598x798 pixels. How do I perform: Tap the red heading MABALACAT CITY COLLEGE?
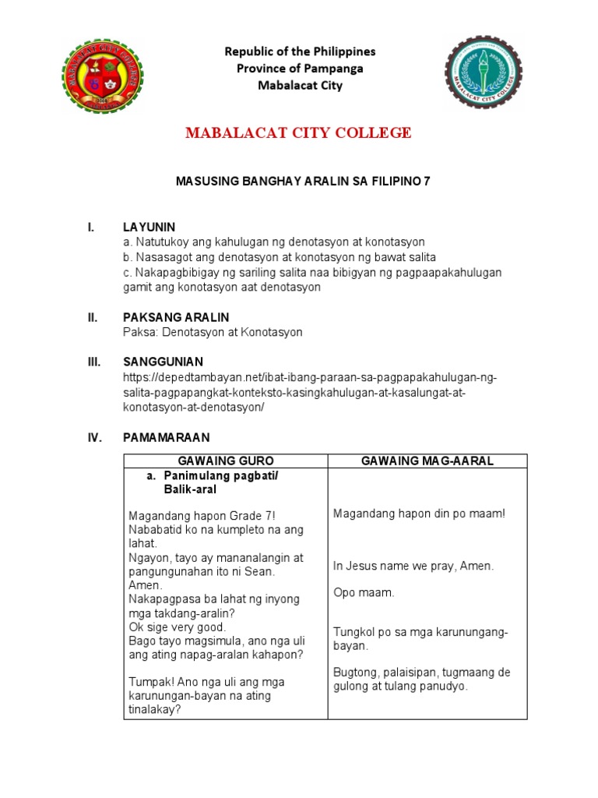pyautogui.click(x=298, y=133)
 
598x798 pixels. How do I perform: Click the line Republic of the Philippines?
pyautogui.click(x=300, y=51)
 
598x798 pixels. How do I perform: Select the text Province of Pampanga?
pyautogui.click(x=300, y=69)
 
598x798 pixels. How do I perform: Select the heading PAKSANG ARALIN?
pyautogui.click(x=176, y=317)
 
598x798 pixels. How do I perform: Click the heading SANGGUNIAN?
pyautogui.click(x=163, y=362)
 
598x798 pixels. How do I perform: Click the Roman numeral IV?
pyautogui.click(x=93, y=437)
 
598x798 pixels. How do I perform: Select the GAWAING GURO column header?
pyautogui.click(x=226, y=461)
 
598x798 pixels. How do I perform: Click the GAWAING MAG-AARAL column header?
pyautogui.click(x=427, y=461)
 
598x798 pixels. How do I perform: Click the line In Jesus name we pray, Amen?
pyautogui.click(x=413, y=566)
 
